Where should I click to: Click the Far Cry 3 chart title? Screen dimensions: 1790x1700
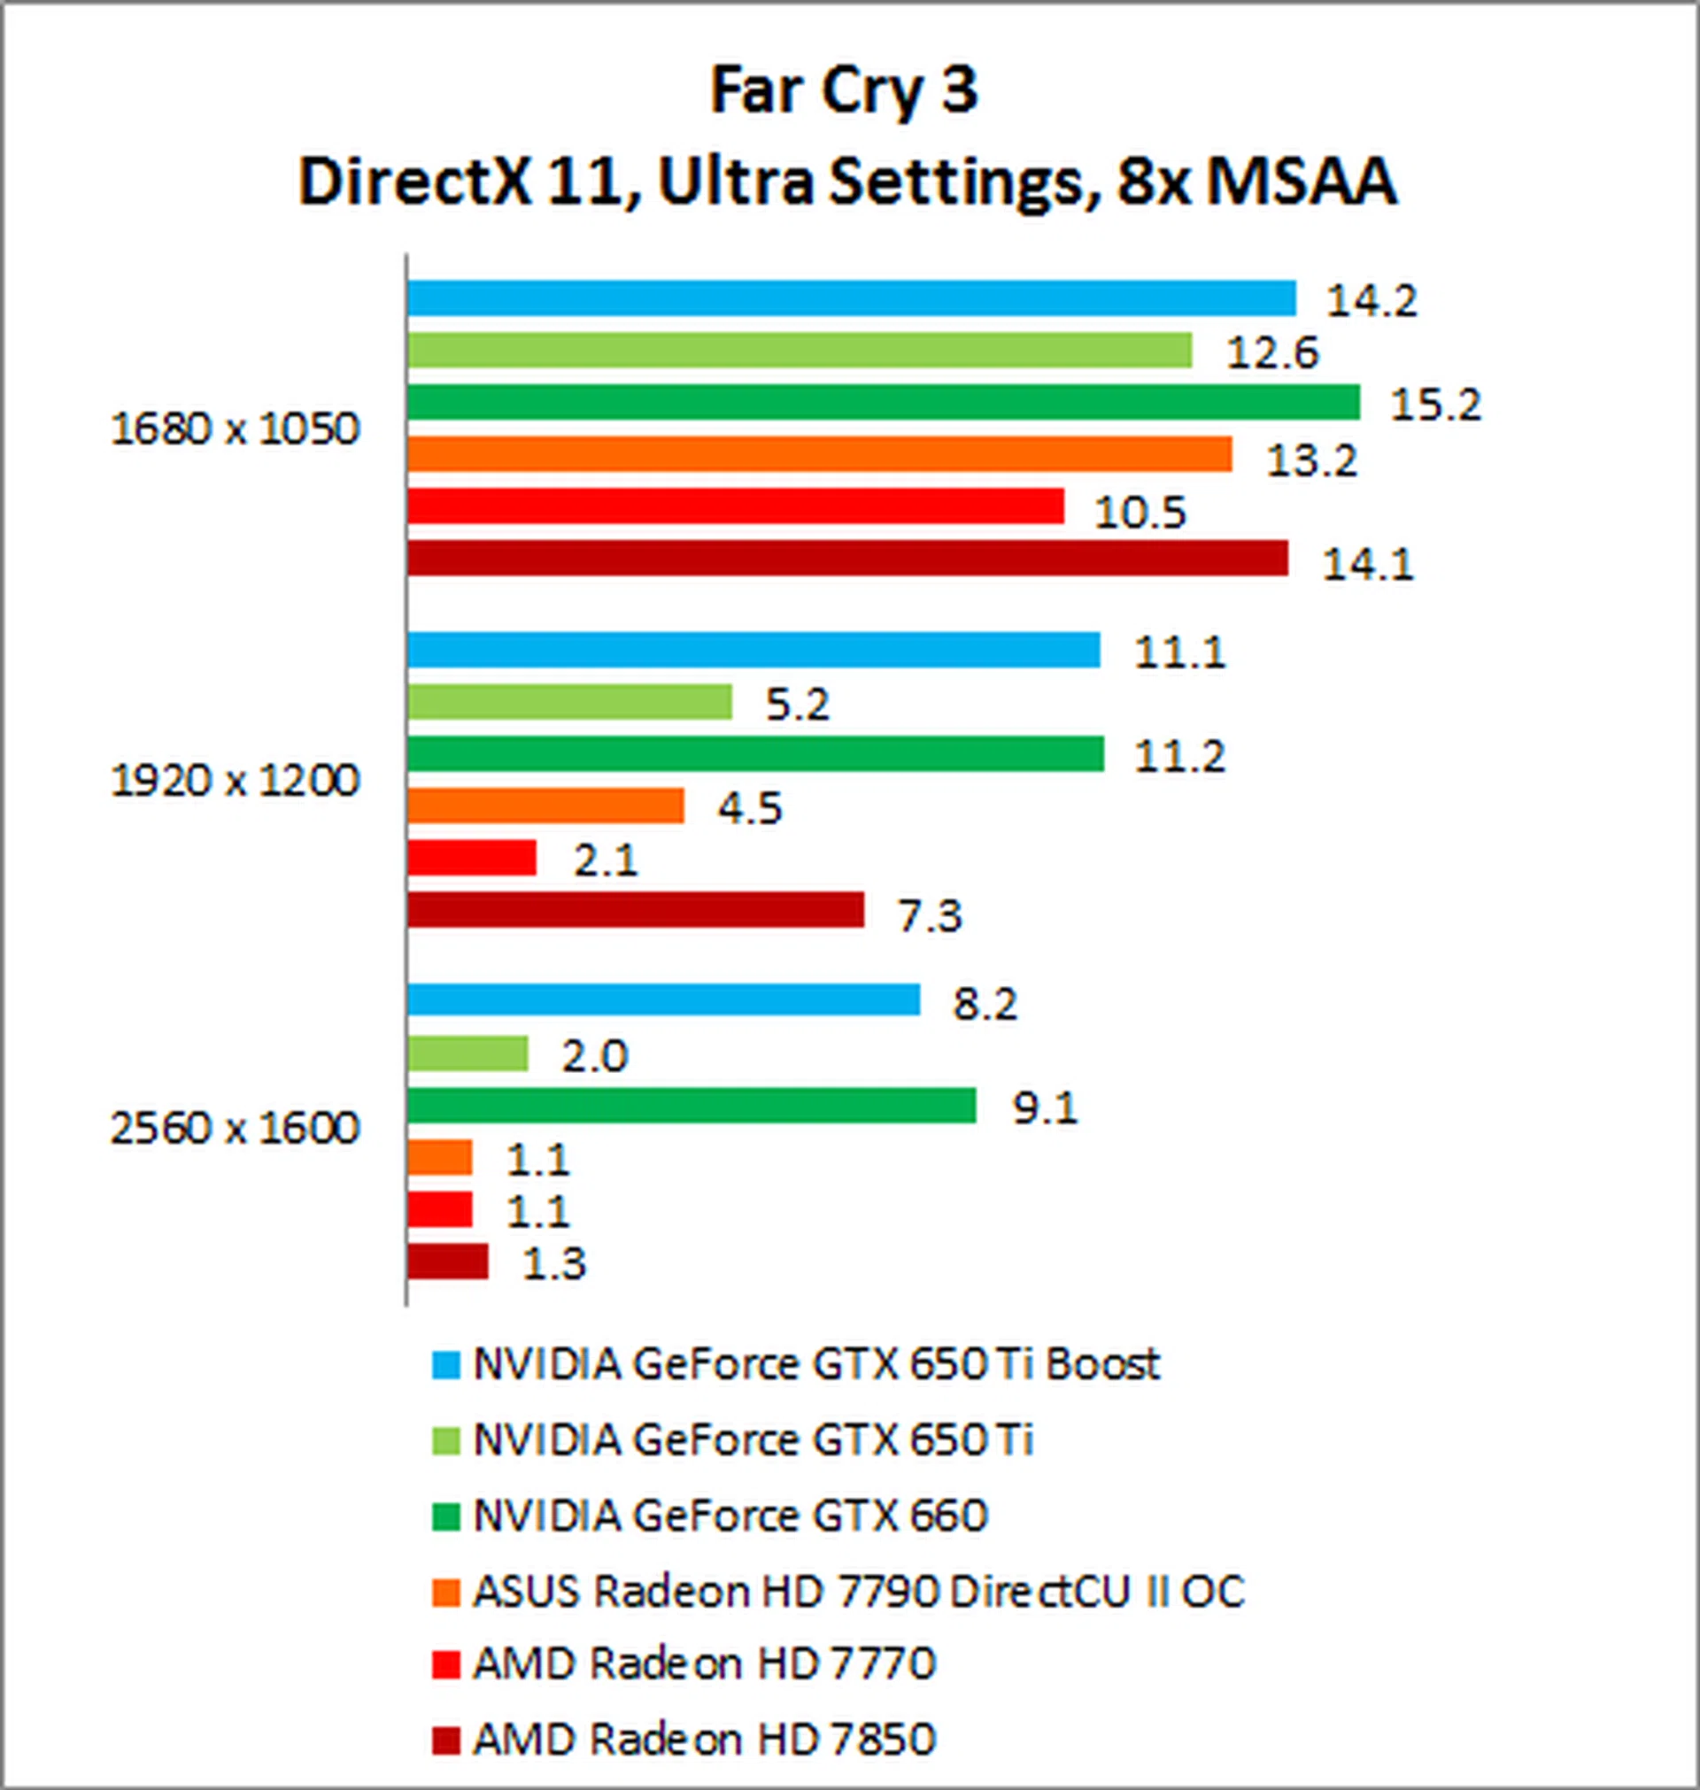(x=844, y=91)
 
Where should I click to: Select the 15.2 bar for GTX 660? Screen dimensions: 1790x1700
(x=883, y=402)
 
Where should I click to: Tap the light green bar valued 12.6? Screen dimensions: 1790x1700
(x=799, y=351)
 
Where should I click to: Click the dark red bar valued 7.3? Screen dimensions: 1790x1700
(x=634, y=909)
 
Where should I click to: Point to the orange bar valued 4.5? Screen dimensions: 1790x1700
(x=545, y=806)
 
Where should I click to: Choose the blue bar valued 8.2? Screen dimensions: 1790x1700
(x=662, y=1000)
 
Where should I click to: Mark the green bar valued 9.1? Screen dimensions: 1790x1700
(x=691, y=1105)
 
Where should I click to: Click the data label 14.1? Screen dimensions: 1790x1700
(x=1368, y=566)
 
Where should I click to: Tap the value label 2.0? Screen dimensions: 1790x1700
(x=594, y=1056)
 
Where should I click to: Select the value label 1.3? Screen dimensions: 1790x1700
(x=554, y=1263)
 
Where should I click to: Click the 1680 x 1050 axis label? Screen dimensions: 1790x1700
(x=235, y=429)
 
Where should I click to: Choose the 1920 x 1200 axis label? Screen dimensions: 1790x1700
(x=235, y=780)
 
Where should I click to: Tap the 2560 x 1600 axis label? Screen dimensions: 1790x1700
(x=235, y=1129)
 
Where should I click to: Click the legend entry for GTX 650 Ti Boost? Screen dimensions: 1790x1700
(x=815, y=1363)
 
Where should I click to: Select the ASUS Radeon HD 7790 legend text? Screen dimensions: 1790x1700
(x=858, y=1592)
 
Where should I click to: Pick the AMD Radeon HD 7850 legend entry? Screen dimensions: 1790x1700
(x=704, y=1739)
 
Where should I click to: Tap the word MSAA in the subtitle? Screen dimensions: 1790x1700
(x=1302, y=182)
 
